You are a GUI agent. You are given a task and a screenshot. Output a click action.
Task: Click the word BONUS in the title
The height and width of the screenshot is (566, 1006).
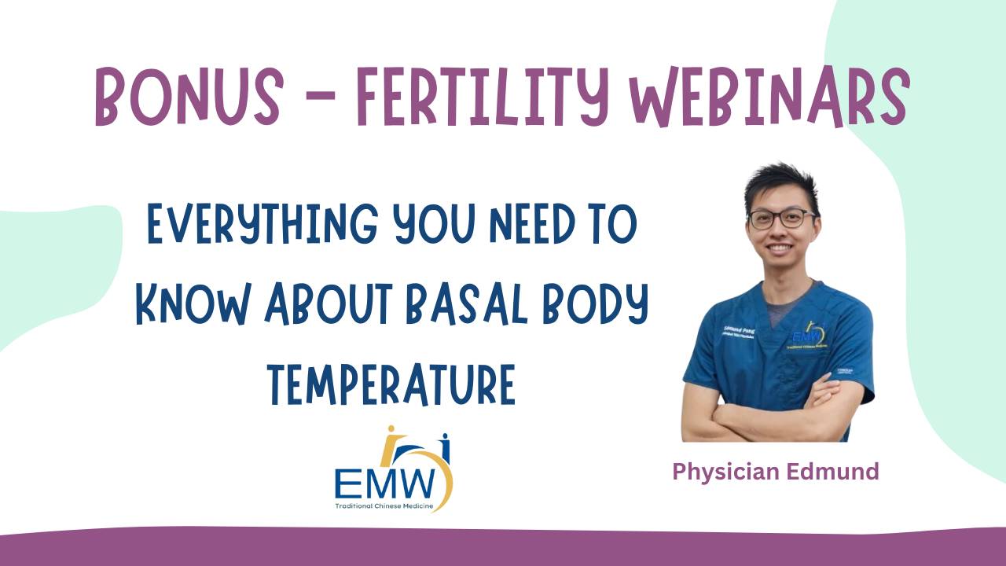[189, 97]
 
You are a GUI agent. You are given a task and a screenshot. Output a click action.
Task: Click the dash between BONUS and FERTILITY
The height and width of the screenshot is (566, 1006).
[320, 96]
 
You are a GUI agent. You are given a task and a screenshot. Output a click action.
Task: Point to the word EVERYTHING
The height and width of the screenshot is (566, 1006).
[263, 224]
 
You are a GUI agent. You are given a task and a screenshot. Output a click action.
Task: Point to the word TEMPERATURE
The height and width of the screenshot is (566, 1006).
[391, 384]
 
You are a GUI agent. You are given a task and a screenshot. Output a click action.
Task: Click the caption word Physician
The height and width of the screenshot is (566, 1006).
[725, 472]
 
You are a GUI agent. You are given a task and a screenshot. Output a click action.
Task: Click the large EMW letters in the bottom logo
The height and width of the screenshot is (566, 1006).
[386, 484]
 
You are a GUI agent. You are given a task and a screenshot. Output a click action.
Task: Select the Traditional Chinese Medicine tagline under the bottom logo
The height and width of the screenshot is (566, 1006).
[384, 506]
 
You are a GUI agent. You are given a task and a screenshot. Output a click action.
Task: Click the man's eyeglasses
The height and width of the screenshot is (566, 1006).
[782, 219]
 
